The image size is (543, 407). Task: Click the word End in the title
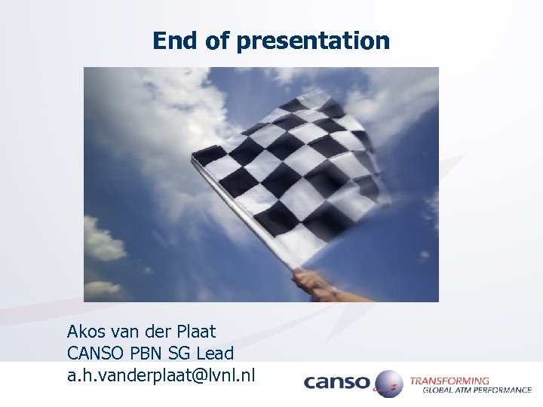click(x=176, y=41)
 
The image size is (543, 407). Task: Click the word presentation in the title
click(x=313, y=41)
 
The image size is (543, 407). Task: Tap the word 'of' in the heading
click(x=217, y=41)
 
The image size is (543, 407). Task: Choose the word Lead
click(x=216, y=352)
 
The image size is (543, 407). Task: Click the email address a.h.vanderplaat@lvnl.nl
click(x=161, y=373)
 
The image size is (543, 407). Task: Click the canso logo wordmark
click(x=336, y=383)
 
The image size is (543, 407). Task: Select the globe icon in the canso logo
click(x=388, y=383)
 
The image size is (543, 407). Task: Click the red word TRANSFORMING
click(x=449, y=381)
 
